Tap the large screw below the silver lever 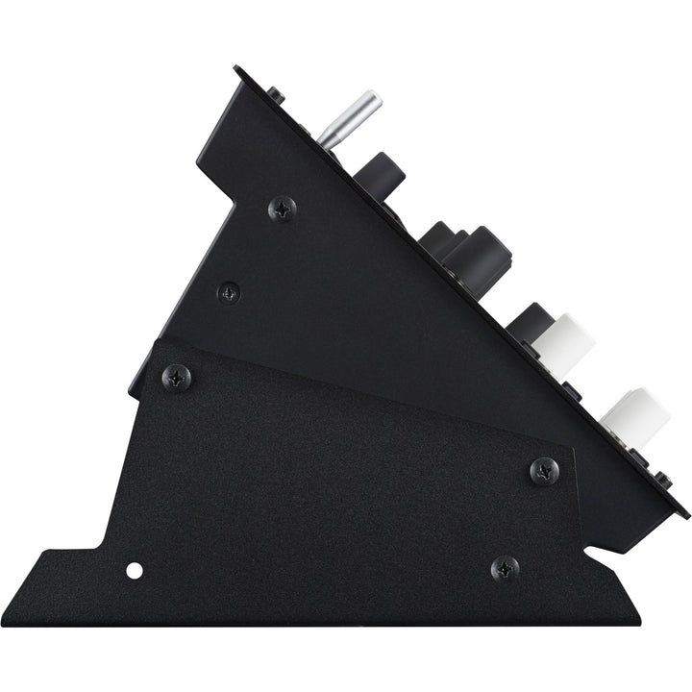pyautogui.click(x=282, y=208)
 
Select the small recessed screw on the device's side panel pyautogui.click(x=229, y=290)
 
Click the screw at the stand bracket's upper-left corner pyautogui.click(x=176, y=377)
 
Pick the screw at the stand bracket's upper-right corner pyautogui.click(x=545, y=470)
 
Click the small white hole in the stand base pyautogui.click(x=135, y=571)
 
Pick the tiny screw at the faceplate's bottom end pyautogui.click(x=662, y=478)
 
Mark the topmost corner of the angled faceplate pyautogui.click(x=236, y=67)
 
